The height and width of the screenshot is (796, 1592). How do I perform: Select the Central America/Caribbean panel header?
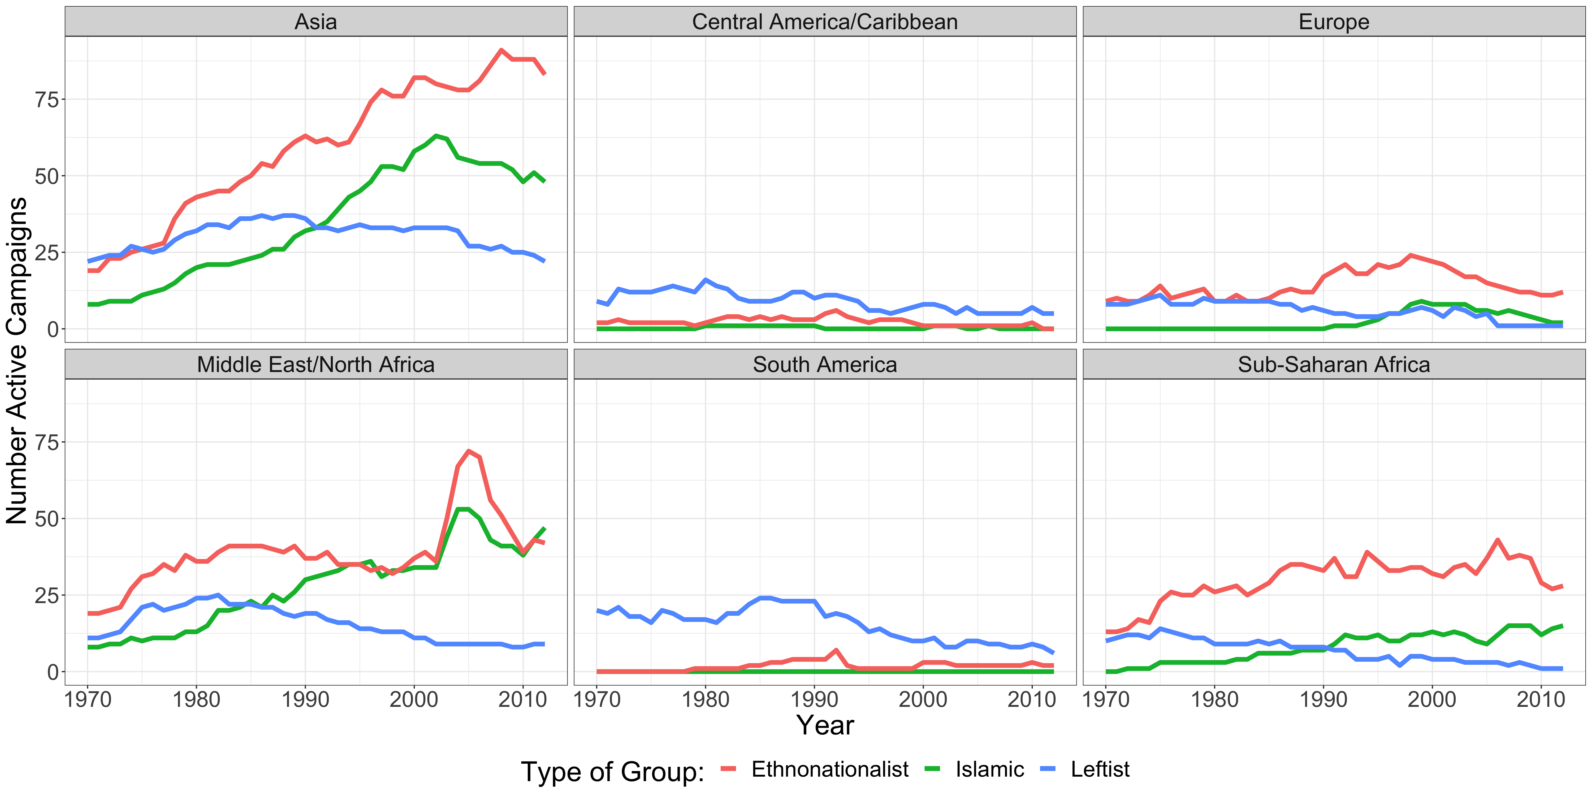tap(824, 22)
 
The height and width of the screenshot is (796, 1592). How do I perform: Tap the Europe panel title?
tap(1334, 22)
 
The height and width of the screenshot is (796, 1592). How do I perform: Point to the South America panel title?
tap(824, 365)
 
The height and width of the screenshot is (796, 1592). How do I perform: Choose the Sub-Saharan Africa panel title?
tap(1334, 365)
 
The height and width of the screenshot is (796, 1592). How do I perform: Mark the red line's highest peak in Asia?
tap(501, 50)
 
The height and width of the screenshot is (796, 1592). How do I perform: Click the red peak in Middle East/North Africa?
tap(469, 451)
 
